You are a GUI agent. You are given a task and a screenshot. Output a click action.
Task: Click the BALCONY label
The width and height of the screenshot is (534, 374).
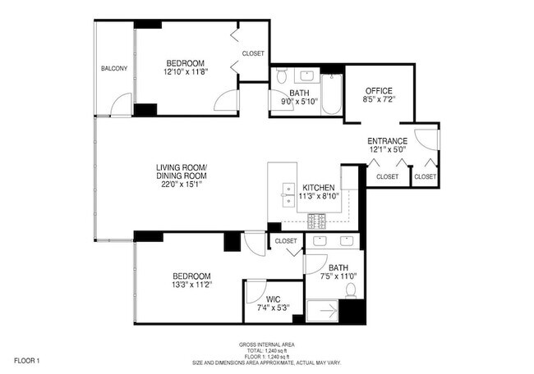(114, 68)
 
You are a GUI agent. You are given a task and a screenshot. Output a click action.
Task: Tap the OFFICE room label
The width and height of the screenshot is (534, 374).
(379, 91)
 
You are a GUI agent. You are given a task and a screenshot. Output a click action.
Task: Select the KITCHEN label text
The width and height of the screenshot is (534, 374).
(319, 188)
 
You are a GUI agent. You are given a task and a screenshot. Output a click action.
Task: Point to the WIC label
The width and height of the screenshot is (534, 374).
(273, 299)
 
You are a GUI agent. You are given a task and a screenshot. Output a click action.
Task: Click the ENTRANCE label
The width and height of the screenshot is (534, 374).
(387, 141)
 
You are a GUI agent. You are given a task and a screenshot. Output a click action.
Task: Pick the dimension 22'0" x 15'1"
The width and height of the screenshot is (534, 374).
(182, 185)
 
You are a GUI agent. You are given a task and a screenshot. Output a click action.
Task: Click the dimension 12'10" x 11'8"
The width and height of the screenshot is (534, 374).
(186, 71)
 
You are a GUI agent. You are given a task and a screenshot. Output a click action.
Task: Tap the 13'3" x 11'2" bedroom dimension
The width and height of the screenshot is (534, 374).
(192, 285)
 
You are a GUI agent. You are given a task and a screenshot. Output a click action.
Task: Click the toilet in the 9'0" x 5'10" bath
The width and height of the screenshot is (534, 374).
(281, 75)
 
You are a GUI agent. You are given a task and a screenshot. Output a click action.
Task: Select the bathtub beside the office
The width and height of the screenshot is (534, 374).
(331, 94)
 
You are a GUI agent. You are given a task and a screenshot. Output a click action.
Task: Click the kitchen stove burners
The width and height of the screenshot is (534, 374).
(316, 221)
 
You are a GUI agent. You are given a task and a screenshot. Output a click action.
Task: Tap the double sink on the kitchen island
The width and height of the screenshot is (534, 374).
(288, 195)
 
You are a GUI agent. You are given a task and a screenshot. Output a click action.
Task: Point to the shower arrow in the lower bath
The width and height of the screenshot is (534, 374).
(329, 311)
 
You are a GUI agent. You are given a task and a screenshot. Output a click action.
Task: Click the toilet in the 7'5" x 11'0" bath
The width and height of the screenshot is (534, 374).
(351, 291)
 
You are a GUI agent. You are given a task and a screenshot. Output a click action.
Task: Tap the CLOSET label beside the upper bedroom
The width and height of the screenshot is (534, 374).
(253, 53)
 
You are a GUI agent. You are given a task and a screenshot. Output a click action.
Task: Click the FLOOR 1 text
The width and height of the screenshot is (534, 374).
(27, 361)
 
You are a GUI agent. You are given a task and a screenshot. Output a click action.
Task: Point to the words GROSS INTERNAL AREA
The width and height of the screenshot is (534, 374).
(267, 344)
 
